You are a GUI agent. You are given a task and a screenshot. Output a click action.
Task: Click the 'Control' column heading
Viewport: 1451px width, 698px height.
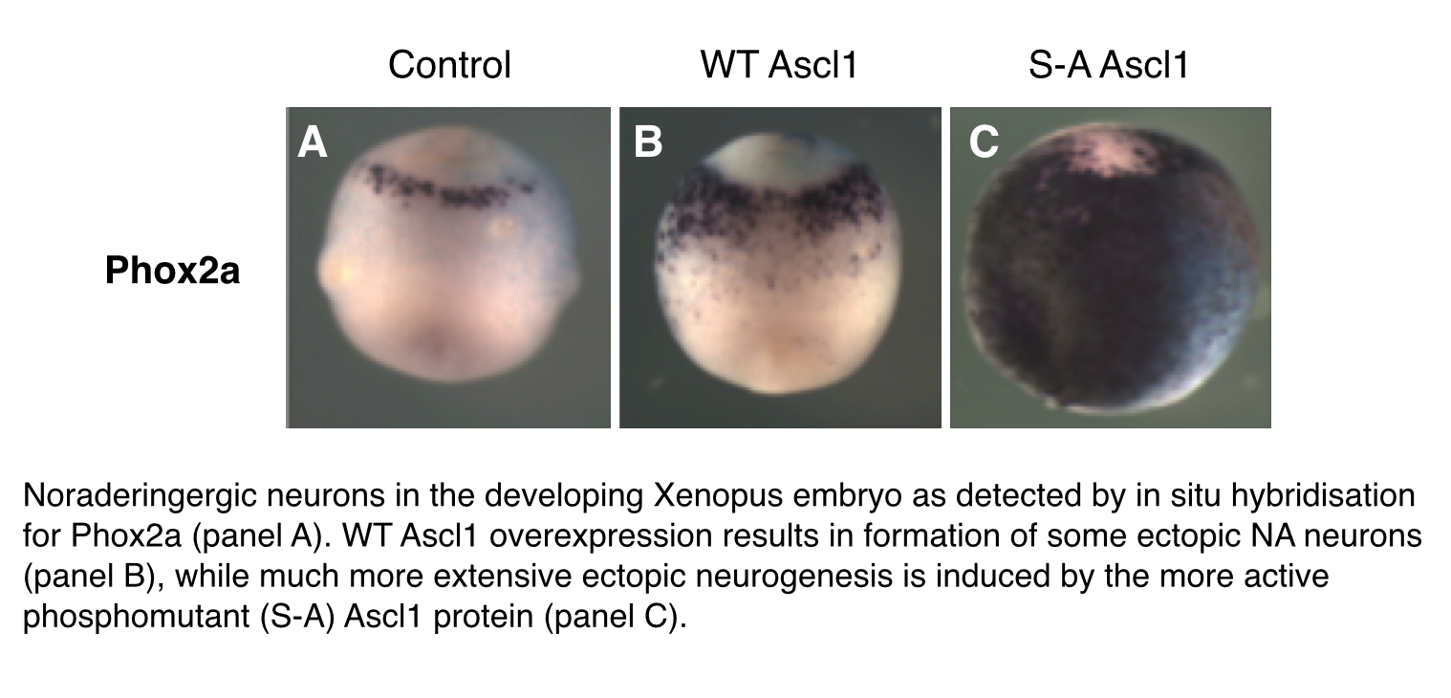(449, 65)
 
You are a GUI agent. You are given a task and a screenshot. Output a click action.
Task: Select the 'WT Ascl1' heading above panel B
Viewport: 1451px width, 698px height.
(779, 65)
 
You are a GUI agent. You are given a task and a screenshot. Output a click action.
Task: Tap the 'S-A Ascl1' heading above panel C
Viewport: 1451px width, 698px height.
(1109, 65)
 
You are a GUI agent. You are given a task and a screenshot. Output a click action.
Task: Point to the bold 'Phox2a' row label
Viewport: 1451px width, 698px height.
(172, 271)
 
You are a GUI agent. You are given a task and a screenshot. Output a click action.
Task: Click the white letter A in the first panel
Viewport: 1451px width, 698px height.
(313, 142)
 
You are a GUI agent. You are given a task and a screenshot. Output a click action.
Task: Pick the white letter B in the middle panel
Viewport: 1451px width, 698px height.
(648, 142)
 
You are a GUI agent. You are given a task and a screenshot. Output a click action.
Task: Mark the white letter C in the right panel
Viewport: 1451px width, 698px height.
(984, 142)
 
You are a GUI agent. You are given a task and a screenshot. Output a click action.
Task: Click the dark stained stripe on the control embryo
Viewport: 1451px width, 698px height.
(447, 187)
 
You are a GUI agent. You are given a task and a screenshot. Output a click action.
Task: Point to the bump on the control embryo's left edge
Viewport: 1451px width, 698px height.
(332, 273)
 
